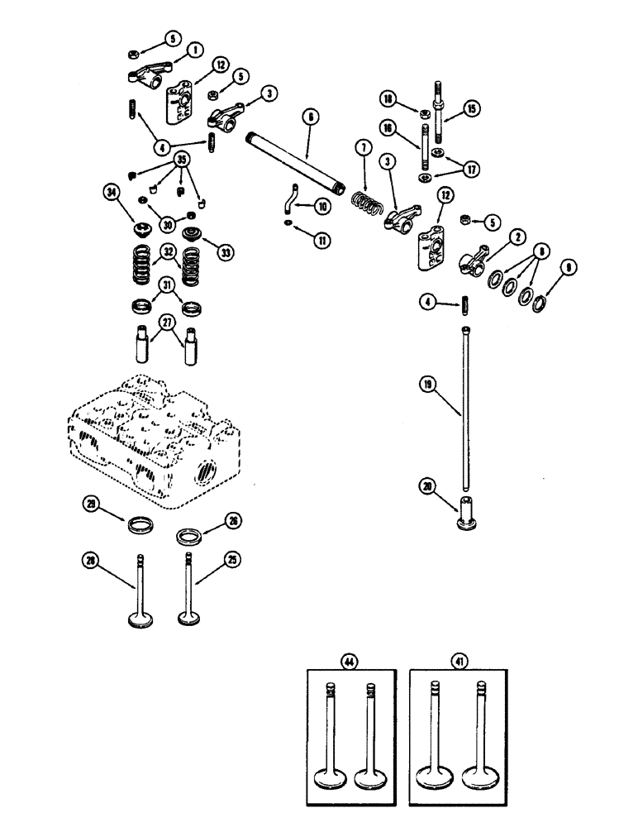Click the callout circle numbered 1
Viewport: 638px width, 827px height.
tap(195, 50)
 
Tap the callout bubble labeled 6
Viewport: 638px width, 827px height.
tap(308, 119)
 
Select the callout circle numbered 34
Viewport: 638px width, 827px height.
tap(112, 194)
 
